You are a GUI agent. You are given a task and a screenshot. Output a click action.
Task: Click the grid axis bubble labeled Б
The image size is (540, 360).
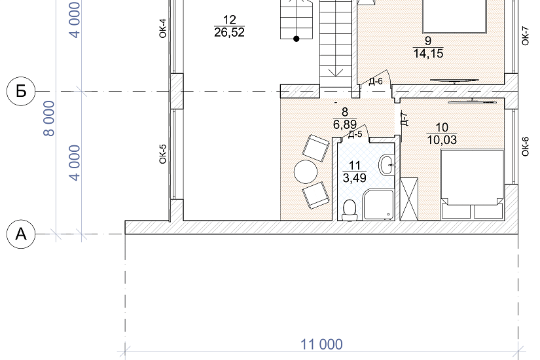point(21,91)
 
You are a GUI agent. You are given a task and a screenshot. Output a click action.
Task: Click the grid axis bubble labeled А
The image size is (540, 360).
point(21,234)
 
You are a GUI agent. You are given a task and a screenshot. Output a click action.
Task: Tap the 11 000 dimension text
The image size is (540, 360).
point(321,344)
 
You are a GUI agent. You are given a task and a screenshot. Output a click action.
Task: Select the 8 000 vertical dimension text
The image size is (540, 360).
point(49,118)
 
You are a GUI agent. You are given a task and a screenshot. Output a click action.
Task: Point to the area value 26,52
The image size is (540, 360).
point(229,32)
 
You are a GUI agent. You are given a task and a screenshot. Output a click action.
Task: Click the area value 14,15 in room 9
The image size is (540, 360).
point(428,54)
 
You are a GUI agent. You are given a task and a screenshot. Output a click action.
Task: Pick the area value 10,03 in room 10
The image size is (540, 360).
point(442,140)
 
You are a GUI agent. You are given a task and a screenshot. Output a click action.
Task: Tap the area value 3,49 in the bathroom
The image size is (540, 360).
point(354,178)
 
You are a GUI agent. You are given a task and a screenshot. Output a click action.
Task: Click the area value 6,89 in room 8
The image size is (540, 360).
point(345,124)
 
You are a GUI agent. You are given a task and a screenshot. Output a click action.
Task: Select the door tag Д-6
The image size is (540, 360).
point(376,82)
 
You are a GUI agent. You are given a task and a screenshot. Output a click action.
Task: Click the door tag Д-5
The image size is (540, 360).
point(355,134)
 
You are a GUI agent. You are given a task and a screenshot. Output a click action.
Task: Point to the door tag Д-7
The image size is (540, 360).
point(405,119)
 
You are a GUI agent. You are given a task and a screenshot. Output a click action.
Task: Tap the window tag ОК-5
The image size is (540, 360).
point(162,154)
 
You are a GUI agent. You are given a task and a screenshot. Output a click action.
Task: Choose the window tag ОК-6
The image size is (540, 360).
point(525,147)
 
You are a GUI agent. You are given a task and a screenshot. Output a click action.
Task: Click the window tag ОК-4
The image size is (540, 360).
point(162,28)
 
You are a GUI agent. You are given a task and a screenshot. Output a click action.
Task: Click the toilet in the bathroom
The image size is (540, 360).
point(350,210)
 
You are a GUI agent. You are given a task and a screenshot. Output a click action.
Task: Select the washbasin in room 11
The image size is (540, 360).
point(387,166)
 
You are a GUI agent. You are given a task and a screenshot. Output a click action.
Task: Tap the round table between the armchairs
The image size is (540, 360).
point(306,172)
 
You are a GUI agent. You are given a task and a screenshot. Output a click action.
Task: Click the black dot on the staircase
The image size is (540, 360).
point(296,39)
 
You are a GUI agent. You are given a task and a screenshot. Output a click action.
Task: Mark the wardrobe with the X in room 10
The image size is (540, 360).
point(409,199)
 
